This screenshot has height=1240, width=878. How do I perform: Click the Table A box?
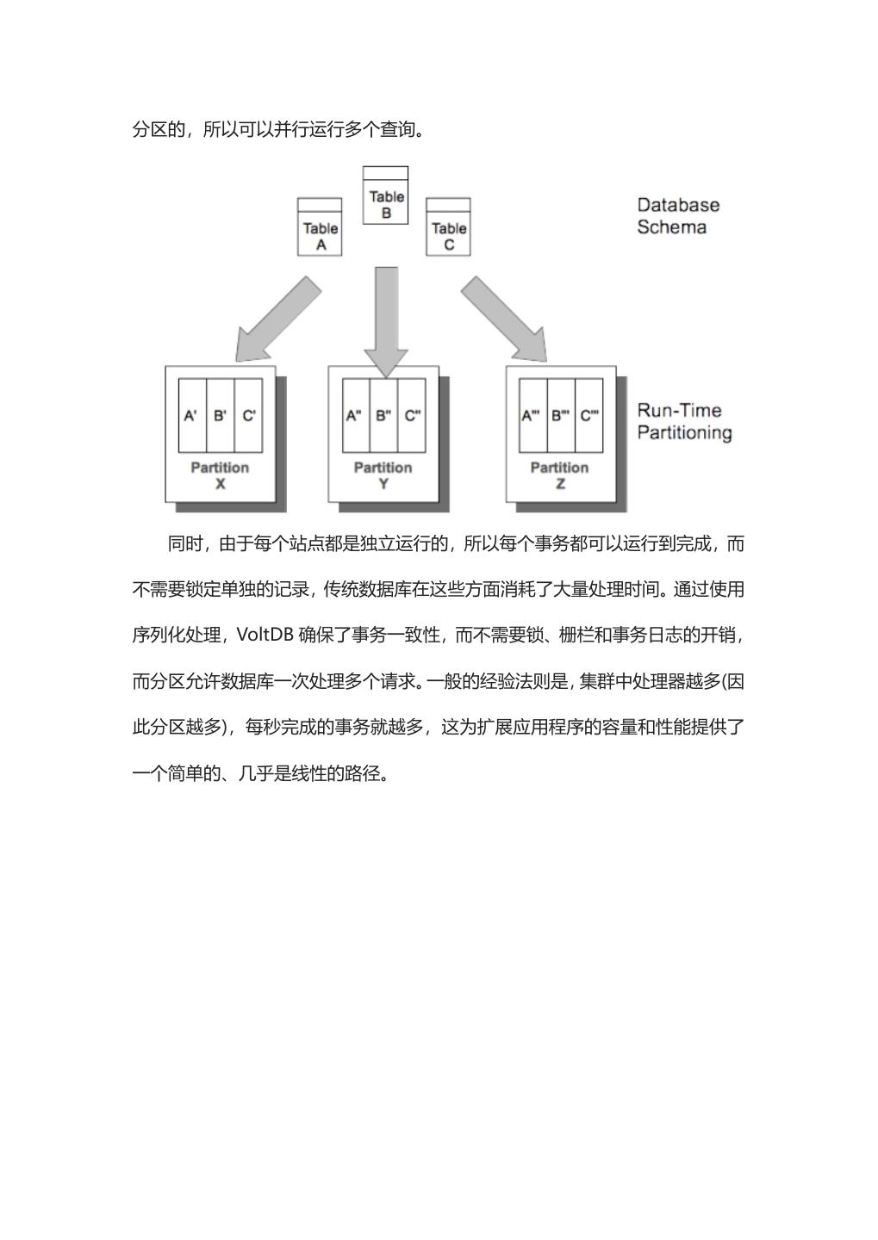tap(319, 227)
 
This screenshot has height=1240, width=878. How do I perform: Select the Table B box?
tap(385, 196)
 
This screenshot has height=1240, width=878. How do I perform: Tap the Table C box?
tap(448, 227)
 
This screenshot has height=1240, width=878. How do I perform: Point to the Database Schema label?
tap(677, 216)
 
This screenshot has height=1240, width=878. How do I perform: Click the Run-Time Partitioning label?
tap(684, 422)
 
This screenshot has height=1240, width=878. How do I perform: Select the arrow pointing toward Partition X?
tap(277, 319)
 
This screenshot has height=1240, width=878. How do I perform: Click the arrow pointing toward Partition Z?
tap(504, 319)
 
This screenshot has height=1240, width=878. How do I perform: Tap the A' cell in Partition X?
tap(192, 416)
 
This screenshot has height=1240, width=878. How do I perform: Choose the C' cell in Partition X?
tap(249, 416)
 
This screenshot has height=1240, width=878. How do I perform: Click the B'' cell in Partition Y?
tap(383, 416)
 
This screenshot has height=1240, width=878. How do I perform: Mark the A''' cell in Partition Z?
tap(532, 416)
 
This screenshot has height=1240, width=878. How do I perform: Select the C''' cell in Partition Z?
tap(589, 416)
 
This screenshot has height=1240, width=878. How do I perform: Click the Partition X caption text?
tap(220, 475)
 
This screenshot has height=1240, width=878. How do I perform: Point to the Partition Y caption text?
tap(383, 475)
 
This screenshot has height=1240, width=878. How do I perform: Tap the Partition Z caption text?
tap(560, 475)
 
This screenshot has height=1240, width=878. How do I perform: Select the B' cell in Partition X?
tap(221, 416)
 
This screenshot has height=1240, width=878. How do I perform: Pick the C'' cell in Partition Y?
tap(412, 416)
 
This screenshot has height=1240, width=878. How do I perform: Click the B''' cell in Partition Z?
tap(561, 416)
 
